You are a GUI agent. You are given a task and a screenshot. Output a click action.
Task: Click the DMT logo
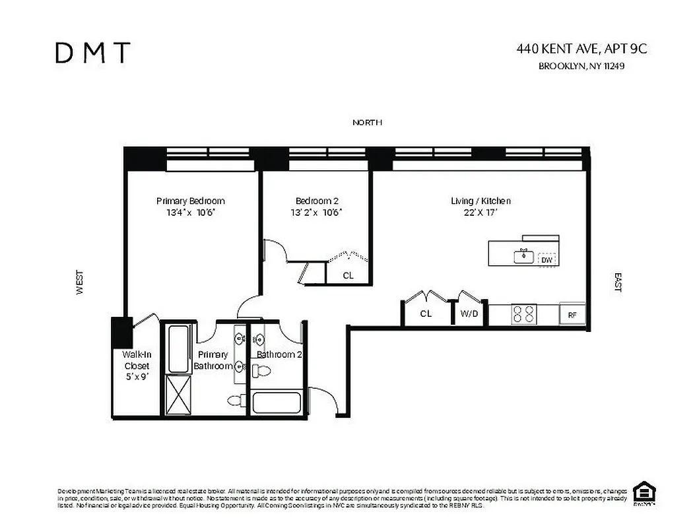(x=92, y=53)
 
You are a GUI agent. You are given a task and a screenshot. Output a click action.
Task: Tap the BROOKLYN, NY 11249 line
(x=581, y=66)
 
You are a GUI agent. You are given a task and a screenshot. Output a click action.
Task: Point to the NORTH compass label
(x=367, y=123)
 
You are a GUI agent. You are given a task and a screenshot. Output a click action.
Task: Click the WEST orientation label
(x=80, y=282)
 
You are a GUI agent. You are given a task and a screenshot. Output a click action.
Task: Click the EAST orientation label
(x=618, y=282)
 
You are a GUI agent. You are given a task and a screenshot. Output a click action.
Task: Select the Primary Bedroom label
(x=190, y=201)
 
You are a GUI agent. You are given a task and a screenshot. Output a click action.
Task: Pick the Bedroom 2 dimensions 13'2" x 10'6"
(x=318, y=213)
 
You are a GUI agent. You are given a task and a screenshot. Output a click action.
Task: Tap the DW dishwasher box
(x=546, y=260)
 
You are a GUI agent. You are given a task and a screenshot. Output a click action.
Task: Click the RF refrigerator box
(x=572, y=315)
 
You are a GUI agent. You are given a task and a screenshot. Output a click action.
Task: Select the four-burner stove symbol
(x=525, y=314)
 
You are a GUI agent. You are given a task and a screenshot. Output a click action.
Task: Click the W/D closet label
(x=469, y=314)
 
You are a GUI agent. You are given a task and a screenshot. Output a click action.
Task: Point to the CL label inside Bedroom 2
(x=348, y=275)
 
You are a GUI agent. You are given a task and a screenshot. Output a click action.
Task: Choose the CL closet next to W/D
(x=426, y=314)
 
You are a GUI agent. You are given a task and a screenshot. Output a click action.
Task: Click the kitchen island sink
(x=525, y=255)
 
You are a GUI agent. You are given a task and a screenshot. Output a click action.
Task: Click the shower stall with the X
(x=177, y=395)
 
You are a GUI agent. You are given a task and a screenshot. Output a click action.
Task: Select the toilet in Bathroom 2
(x=263, y=371)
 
